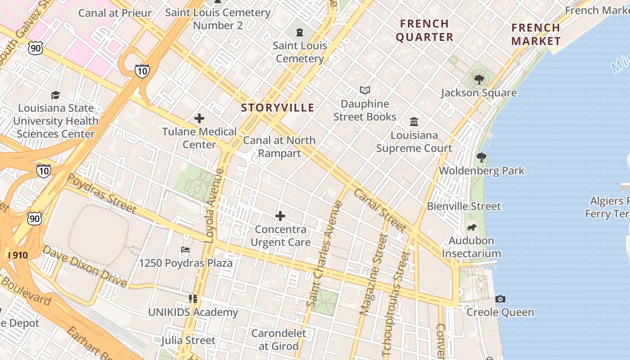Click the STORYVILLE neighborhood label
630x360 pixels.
[x=277, y=108]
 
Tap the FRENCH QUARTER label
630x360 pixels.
[x=424, y=30]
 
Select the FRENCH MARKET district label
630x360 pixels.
[x=535, y=34]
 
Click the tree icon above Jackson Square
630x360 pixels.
[x=479, y=80]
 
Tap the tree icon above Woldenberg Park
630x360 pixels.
[x=481, y=157]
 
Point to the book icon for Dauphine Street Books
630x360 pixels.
[x=365, y=90]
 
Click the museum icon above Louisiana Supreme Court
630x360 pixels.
[x=414, y=121]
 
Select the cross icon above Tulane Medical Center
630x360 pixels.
[x=199, y=119]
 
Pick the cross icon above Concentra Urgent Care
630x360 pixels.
[x=280, y=216]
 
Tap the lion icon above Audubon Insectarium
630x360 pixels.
[x=471, y=227]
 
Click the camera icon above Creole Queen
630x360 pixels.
[x=500, y=299]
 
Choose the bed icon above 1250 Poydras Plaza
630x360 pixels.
[x=185, y=249]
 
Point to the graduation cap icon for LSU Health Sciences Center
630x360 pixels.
[x=55, y=95]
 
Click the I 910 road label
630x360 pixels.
[x=18, y=255]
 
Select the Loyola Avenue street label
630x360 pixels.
[x=214, y=206]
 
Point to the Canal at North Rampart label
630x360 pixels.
[x=279, y=147]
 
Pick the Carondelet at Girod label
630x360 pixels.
[x=279, y=340]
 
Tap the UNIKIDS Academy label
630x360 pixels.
[x=193, y=312]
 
